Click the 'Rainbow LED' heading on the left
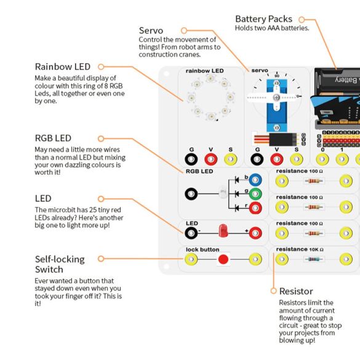click(x=62, y=66)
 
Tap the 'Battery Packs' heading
click(x=263, y=19)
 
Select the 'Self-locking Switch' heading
click(x=60, y=264)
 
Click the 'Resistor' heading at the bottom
click(x=296, y=291)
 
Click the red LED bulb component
click(x=223, y=233)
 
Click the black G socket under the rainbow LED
click(x=192, y=159)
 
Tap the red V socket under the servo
click(x=277, y=159)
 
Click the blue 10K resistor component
click(x=314, y=259)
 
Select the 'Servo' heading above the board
click(x=151, y=30)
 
